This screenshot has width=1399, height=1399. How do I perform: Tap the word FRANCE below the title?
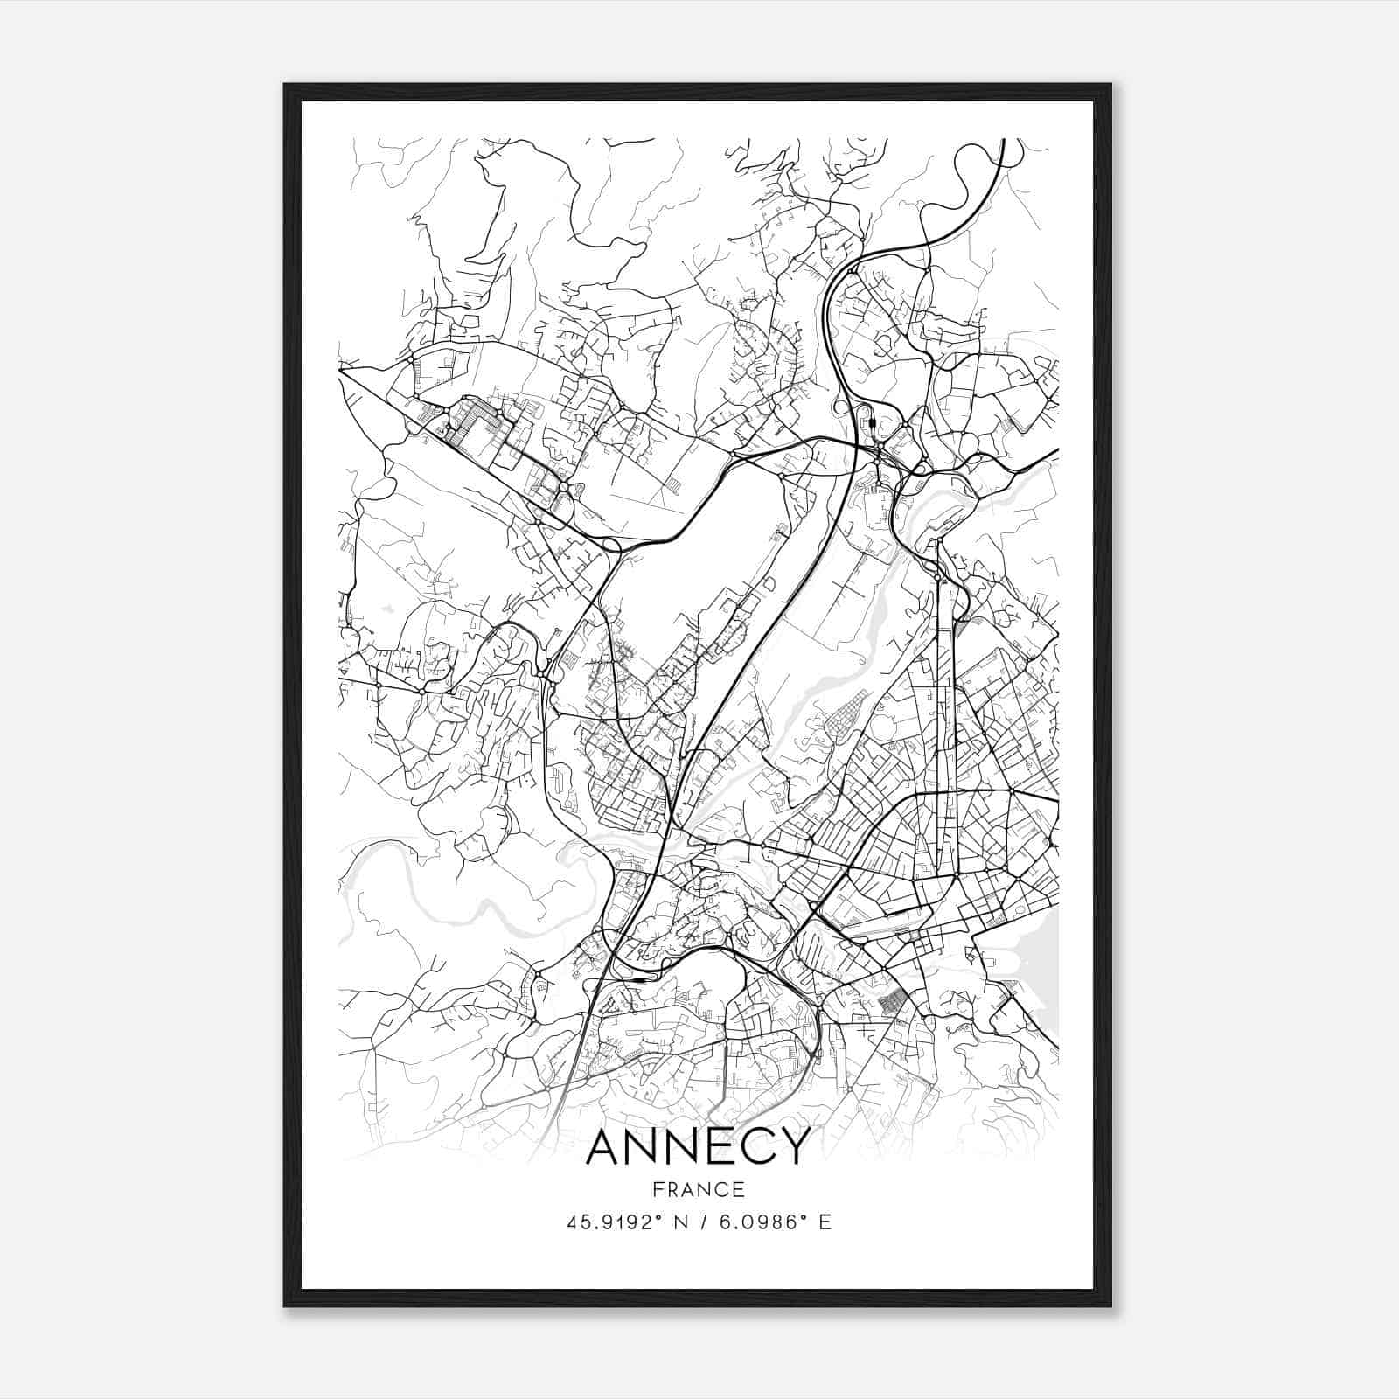tap(698, 1189)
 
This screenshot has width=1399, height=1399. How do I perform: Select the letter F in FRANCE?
tap(656, 1189)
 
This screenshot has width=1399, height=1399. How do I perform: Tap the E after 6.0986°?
tap(825, 1222)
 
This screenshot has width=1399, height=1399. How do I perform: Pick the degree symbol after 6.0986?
tap(806, 1217)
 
